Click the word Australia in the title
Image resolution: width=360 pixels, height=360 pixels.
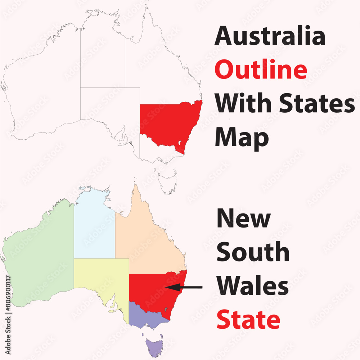(x=270, y=36)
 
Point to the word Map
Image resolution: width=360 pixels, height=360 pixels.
(x=242, y=138)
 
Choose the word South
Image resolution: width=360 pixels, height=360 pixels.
(x=253, y=252)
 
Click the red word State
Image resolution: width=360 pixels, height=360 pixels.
(x=248, y=320)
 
